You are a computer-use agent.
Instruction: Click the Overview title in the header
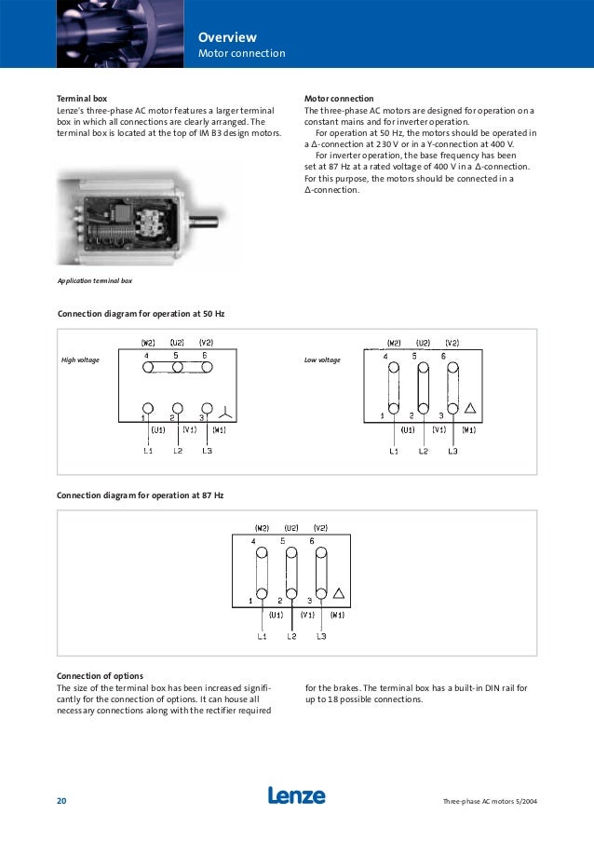227,37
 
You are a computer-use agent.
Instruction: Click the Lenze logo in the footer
297,796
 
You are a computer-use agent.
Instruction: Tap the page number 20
61,802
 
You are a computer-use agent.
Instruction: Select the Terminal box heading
83,98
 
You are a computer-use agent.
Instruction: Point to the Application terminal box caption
95,280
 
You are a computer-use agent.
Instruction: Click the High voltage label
80,359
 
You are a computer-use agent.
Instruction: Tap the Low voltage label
322,359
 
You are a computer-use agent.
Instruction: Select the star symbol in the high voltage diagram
223,411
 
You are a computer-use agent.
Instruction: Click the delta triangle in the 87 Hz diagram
339,593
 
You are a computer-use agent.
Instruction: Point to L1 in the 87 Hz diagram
263,637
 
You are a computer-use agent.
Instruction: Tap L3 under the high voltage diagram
207,451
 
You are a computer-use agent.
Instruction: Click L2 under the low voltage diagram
424,451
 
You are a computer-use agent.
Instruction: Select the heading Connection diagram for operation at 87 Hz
141,495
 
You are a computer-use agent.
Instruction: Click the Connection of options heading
100,675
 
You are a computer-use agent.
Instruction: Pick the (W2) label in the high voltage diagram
148,342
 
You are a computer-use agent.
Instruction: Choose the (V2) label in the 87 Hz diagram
320,528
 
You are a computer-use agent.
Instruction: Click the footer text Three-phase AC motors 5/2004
490,802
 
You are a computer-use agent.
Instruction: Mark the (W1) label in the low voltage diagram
467,430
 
